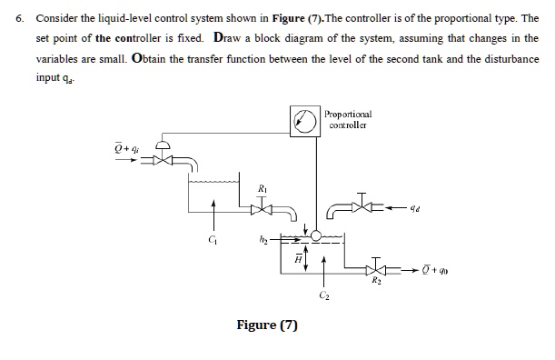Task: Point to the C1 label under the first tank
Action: click(213, 242)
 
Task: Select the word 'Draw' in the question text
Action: click(233, 39)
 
